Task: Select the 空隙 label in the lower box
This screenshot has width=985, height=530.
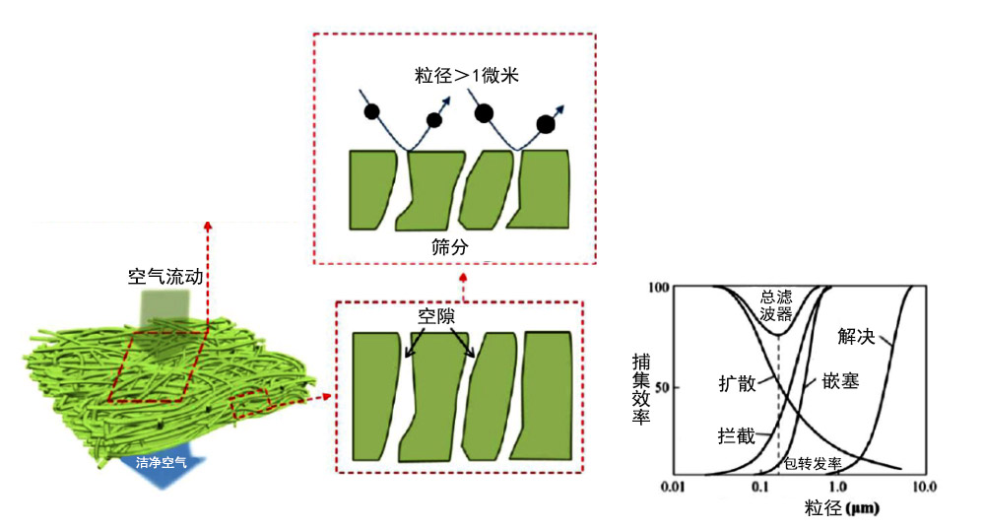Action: (438, 317)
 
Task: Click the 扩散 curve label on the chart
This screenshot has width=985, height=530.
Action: (739, 383)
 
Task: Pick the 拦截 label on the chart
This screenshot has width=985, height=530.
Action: (739, 434)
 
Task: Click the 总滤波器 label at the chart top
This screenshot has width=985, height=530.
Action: (777, 306)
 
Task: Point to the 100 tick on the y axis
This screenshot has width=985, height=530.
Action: (660, 288)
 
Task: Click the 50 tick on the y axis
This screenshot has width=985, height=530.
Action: (664, 387)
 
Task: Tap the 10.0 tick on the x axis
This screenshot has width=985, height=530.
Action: (924, 488)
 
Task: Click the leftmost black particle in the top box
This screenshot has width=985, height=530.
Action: (371, 111)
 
